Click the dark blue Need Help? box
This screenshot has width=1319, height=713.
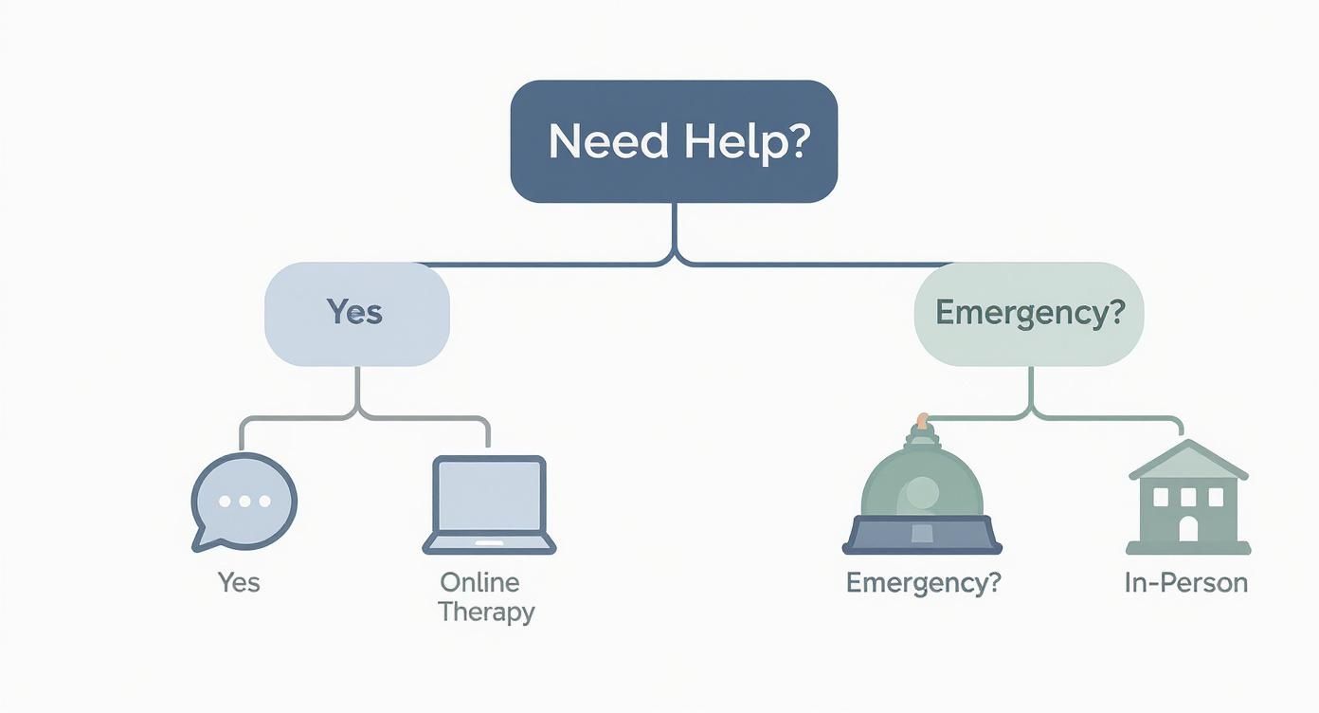674,141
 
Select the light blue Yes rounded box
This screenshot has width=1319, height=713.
356,314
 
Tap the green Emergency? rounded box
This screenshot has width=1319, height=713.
1029,314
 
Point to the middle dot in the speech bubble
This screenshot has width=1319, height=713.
244,501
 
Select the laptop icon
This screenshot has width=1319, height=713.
489,504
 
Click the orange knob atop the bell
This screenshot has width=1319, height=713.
922,419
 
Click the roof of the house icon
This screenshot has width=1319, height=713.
1188,461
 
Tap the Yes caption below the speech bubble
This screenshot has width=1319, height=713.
238,582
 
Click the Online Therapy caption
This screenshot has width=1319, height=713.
486,596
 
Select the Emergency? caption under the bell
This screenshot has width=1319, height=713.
922,582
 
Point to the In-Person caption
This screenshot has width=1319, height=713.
1185,582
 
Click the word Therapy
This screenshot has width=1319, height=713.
486,612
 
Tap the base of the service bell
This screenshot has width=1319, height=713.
922,535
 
